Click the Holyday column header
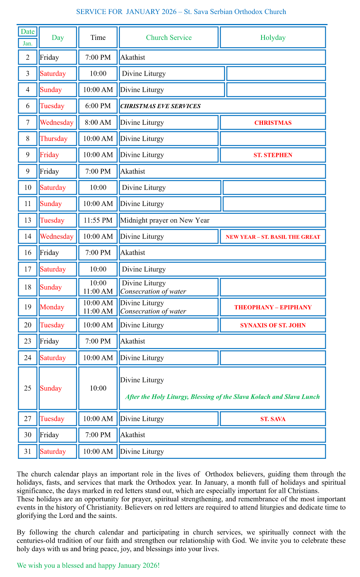click(273, 38)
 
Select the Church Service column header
click(169, 38)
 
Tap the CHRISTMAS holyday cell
click(273, 123)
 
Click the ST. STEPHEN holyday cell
click(273, 155)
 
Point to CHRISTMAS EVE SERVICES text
click(160, 106)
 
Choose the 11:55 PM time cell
click(98, 220)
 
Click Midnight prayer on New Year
click(165, 220)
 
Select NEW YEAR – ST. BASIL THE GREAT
click(273, 237)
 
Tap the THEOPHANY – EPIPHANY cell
click(273, 307)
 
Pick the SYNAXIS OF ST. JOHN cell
click(273, 325)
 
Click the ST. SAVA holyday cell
click(273, 419)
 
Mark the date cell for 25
click(28, 388)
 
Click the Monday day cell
click(52, 307)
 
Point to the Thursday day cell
click(54, 139)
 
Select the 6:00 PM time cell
click(98, 106)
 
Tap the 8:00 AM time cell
click(98, 123)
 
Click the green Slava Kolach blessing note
click(222, 397)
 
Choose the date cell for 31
click(28, 451)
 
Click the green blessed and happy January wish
click(88, 566)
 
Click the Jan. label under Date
click(28, 44)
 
